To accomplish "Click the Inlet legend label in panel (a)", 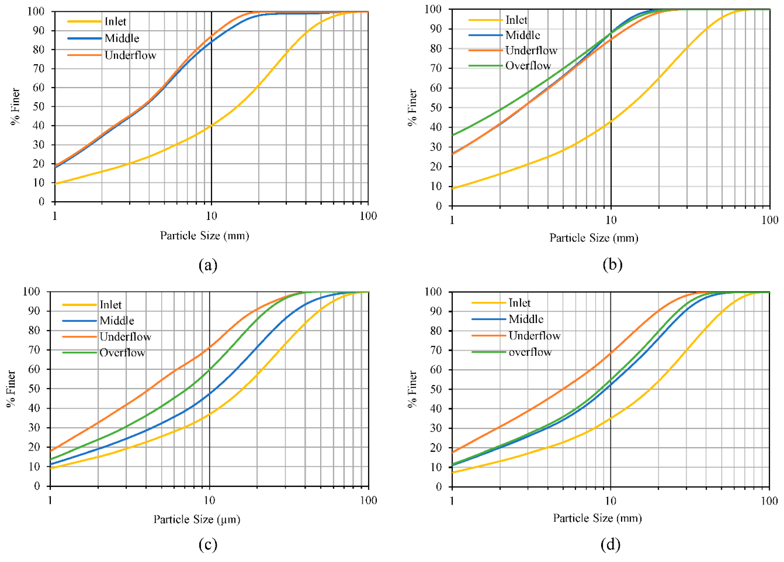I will point(115,21).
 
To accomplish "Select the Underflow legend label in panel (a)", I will point(130,55).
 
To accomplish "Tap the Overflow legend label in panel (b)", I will point(528,66).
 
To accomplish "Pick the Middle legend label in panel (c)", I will point(117,321).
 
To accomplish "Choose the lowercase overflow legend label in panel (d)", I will point(530,352).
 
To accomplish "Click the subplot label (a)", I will point(208,265).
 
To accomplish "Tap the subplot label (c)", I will point(208,544).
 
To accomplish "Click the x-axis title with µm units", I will point(197,519).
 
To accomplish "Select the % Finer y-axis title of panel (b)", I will point(412,107).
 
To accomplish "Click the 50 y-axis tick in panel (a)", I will point(39,107).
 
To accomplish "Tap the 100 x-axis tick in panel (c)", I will point(368,500).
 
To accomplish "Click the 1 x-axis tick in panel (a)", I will point(55,216).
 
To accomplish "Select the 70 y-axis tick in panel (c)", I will point(34,350).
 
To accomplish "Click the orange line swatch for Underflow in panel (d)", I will point(488,336).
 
